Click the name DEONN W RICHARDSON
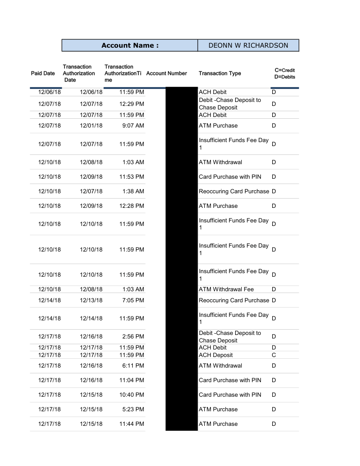click(248, 45)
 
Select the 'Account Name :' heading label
click(130, 45)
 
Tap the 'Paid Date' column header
click(43, 73)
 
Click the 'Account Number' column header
click(166, 73)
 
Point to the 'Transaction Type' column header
click(220, 73)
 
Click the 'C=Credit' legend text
click(285, 70)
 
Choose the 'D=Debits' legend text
click(285, 77)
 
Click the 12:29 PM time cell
click(131, 104)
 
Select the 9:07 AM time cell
click(133, 125)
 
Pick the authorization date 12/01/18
click(91, 125)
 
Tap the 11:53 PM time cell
click(131, 177)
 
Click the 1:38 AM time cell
click(133, 191)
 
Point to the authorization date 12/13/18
click(91, 300)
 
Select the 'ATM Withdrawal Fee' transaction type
click(226, 289)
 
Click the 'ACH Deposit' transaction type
click(216, 355)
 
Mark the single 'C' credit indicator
click(274, 355)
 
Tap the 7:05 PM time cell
click(133, 300)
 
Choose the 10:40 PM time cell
click(131, 395)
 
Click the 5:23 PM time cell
click(133, 409)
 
